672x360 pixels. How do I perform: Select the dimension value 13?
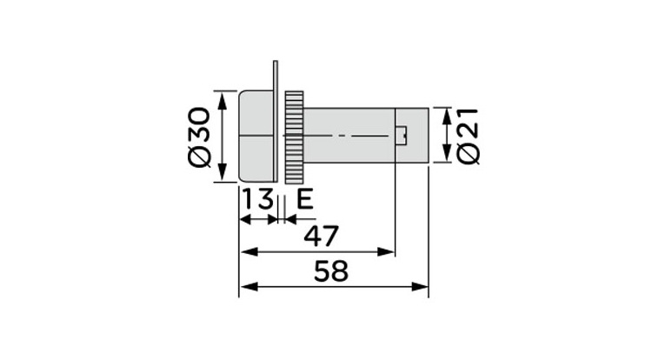coord(257,200)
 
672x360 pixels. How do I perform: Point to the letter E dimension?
coord(304,200)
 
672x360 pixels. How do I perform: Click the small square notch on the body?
coord(402,135)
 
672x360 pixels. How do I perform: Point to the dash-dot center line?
coord(348,136)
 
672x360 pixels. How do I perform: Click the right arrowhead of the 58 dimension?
coord(423,288)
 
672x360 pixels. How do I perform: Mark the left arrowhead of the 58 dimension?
coord(245,288)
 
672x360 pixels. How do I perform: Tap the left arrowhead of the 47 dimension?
coord(245,252)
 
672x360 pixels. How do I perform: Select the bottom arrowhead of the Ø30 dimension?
coord(223,174)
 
